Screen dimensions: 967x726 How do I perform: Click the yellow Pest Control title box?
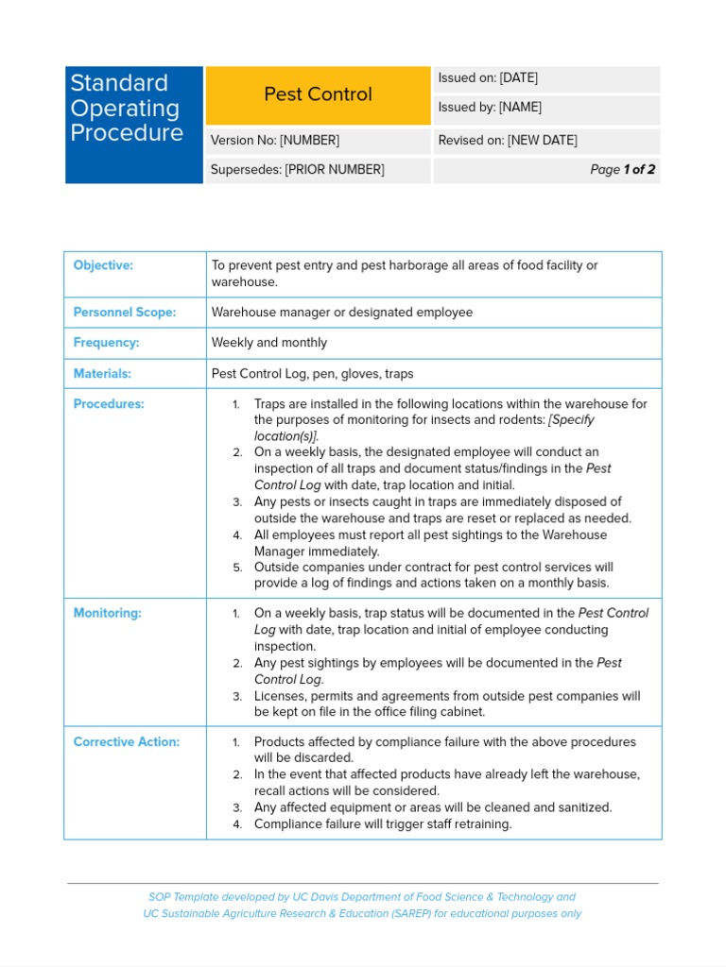click(318, 94)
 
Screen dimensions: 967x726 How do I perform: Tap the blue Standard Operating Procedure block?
click(133, 124)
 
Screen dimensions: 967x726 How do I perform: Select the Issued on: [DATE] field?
click(545, 78)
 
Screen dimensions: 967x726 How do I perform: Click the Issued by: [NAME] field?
click(545, 109)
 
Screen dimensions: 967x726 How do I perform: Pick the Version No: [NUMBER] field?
click(318, 141)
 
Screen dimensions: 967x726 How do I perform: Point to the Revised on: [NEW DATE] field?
click(545, 141)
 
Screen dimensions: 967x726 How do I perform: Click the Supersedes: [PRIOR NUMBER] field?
click(318, 170)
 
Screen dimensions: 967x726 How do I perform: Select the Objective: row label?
click(103, 265)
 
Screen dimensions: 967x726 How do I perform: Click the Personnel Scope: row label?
click(125, 313)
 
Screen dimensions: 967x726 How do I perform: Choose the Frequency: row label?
click(106, 343)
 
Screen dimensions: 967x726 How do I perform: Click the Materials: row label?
click(102, 374)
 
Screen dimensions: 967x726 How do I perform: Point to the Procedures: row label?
click(109, 404)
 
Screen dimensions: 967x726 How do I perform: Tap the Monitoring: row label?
click(107, 614)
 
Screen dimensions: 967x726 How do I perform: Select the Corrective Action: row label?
click(126, 742)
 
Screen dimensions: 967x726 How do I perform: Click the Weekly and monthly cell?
click(268, 343)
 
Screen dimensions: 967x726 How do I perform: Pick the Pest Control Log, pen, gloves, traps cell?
click(312, 374)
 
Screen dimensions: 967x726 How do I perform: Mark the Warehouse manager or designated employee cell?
click(341, 313)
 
